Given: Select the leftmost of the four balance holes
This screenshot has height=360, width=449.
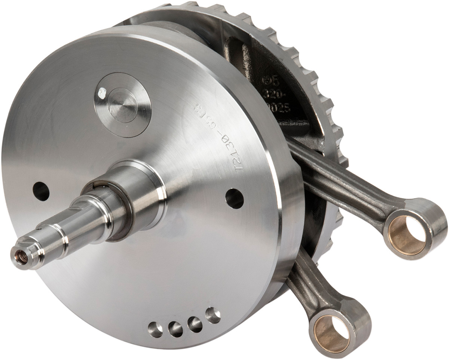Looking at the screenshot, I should (155, 329).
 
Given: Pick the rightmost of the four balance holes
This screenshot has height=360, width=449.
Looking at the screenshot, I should (213, 315).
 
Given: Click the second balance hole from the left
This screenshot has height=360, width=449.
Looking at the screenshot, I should (175, 329).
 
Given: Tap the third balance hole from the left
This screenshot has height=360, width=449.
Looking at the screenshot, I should (195, 324).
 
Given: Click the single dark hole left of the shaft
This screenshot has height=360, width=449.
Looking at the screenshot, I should (41, 191).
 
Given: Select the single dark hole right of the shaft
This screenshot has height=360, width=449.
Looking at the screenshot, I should (235, 199).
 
